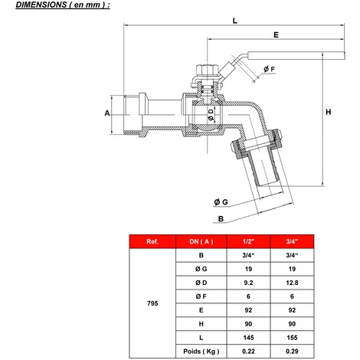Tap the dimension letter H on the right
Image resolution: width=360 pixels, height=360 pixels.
click(328, 113)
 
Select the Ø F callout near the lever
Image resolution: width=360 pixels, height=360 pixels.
click(269, 70)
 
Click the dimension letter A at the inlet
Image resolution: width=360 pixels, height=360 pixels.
click(107, 113)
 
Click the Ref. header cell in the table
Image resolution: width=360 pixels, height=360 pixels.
click(152, 243)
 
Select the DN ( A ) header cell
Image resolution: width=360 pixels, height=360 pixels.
click(201, 243)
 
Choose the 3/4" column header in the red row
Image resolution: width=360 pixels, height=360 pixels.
click(290, 243)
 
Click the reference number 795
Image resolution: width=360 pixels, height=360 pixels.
click(152, 303)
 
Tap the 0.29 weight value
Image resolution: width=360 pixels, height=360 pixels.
click(290, 352)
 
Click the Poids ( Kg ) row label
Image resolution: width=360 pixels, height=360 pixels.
click(201, 352)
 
